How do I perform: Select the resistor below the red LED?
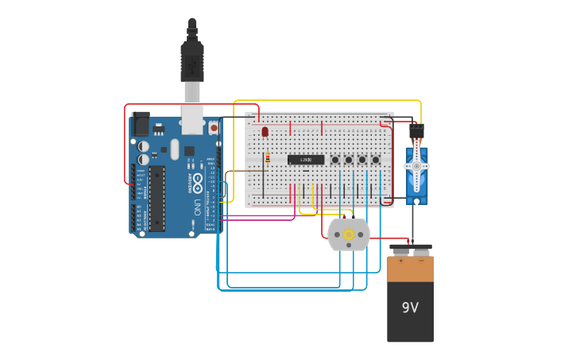268,158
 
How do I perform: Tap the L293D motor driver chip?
306,160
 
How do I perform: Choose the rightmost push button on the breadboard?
376,161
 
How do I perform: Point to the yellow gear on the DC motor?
348,235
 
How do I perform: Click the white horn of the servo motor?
414,166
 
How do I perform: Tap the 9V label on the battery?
410,308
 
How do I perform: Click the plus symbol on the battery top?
400,260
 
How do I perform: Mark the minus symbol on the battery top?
420,260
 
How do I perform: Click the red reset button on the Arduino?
214,127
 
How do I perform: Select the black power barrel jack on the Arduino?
141,123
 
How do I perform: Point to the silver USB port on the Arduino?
192,118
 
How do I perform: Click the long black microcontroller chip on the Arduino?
157,199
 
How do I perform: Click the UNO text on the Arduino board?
197,207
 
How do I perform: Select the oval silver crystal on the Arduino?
175,149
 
